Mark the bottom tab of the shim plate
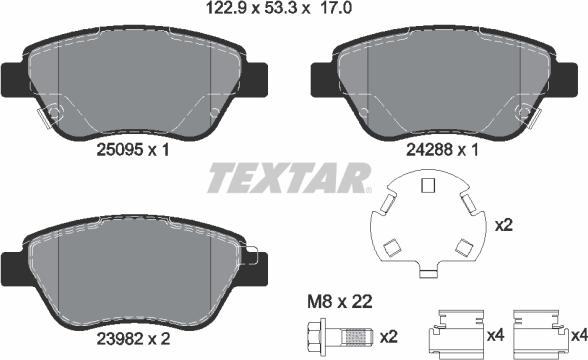pos(429,271)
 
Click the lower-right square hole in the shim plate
pos(461,246)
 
